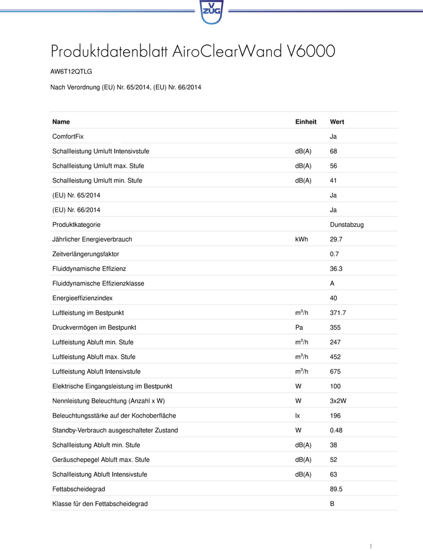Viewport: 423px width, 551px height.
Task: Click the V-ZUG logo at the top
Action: click(211, 11)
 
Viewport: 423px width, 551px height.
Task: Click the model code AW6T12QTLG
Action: click(71, 73)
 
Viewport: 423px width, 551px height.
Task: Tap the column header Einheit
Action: click(306, 122)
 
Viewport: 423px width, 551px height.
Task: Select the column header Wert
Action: click(337, 122)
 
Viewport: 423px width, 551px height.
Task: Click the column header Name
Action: click(61, 122)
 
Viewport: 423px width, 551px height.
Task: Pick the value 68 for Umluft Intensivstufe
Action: click(333, 151)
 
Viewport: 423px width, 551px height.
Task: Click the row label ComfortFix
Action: click(68, 136)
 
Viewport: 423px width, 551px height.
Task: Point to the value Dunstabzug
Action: click(346, 224)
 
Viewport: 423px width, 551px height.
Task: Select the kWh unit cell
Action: click(301, 239)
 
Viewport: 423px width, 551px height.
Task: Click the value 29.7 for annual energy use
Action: click(336, 239)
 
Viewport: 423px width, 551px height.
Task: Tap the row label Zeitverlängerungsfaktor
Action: click(85, 254)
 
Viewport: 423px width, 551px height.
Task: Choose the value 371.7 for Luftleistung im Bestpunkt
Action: click(338, 313)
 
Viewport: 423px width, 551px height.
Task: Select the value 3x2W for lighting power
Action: click(338, 401)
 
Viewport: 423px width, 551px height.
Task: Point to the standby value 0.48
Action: click(336, 430)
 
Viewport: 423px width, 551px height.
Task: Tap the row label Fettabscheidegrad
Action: click(78, 489)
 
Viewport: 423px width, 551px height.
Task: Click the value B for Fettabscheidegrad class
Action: click(332, 504)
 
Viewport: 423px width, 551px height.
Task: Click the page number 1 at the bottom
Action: click(371, 546)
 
